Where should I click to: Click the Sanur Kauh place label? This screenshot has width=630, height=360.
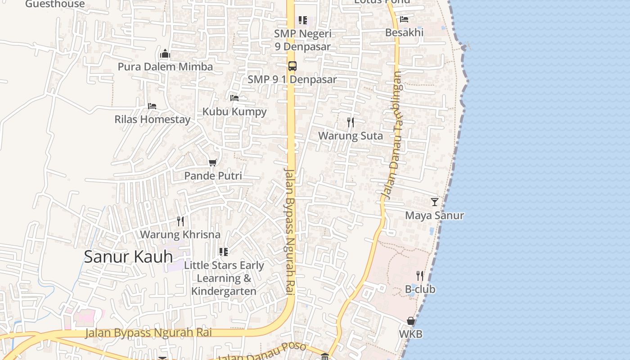pyautogui.click(x=128, y=256)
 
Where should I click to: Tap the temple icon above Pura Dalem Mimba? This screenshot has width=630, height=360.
pyautogui.click(x=165, y=54)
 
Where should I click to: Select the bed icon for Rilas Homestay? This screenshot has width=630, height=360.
pyautogui.click(x=152, y=106)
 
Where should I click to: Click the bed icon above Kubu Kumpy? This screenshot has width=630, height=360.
pyautogui.click(x=234, y=98)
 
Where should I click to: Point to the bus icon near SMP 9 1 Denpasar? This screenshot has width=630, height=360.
pyautogui.click(x=292, y=66)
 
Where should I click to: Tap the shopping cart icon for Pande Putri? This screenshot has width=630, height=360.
pyautogui.click(x=213, y=162)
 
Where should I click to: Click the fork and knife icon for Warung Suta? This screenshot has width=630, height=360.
pyautogui.click(x=351, y=122)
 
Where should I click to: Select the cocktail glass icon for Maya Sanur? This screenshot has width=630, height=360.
pyautogui.click(x=434, y=202)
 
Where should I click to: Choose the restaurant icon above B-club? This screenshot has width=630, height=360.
pyautogui.click(x=420, y=275)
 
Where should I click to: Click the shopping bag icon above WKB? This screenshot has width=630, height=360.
pyautogui.click(x=410, y=321)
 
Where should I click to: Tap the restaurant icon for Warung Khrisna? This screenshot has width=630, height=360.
pyautogui.click(x=180, y=221)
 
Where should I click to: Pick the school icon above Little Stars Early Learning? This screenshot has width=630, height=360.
pyautogui.click(x=223, y=252)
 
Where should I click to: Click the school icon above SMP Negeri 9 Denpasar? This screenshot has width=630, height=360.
pyautogui.click(x=302, y=20)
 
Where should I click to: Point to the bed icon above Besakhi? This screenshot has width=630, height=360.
pyautogui.click(x=404, y=19)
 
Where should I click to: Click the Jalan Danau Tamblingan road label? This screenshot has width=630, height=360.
pyautogui.click(x=392, y=135)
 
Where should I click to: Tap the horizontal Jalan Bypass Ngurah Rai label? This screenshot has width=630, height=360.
pyautogui.click(x=148, y=333)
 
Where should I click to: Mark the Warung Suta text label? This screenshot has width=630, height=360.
pyautogui.click(x=351, y=135)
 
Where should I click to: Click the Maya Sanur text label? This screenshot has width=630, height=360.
pyautogui.click(x=434, y=216)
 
